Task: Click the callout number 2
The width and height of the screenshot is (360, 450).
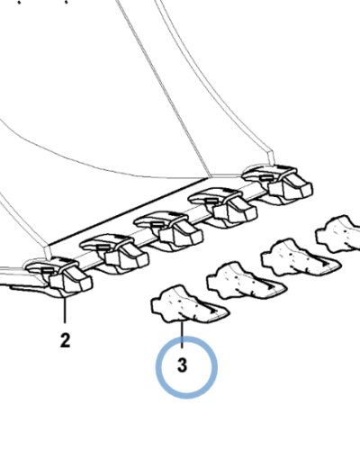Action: point(65,340)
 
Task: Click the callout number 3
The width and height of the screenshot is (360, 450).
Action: point(182,365)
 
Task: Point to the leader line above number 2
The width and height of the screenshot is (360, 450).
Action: point(65,310)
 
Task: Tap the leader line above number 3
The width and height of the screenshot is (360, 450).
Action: point(182,334)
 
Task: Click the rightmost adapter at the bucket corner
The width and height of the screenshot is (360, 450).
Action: point(277,184)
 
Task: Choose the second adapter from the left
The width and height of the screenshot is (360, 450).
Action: point(114,254)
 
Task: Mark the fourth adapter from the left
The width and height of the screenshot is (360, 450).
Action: point(222,207)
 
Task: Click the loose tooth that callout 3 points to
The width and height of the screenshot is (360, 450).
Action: point(190,304)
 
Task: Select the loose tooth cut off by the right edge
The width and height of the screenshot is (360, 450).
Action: point(338,233)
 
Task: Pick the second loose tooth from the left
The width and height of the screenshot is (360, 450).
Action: point(246,281)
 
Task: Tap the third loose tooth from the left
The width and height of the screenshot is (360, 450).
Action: point(300,257)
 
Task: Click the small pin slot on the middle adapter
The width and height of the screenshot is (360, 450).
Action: point(157,224)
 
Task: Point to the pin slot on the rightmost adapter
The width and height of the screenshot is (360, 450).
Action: point(265,177)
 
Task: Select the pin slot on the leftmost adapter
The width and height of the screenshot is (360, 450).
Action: point(48,271)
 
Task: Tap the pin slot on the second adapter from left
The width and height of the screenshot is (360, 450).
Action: point(103,247)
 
